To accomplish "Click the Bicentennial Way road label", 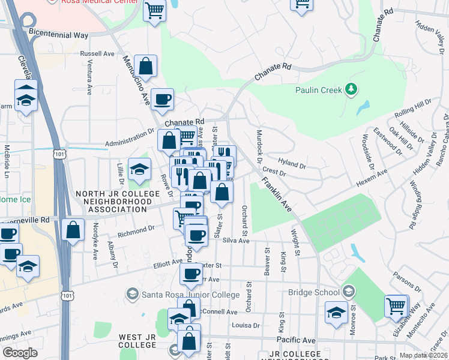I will pos(58,35).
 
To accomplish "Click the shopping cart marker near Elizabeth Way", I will pos(396,307).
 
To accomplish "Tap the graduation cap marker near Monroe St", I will pos(336,313).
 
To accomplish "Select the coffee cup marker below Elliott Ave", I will pos(191,274).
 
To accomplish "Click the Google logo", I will pos(20,353).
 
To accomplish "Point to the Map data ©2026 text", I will pos(423,355).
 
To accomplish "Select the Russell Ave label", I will pos(97,53).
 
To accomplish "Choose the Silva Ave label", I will pos(235,240).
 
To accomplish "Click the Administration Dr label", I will pos(130,140).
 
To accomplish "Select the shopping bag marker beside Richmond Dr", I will pos(73,230).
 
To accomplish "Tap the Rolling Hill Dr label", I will pos(413,109).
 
